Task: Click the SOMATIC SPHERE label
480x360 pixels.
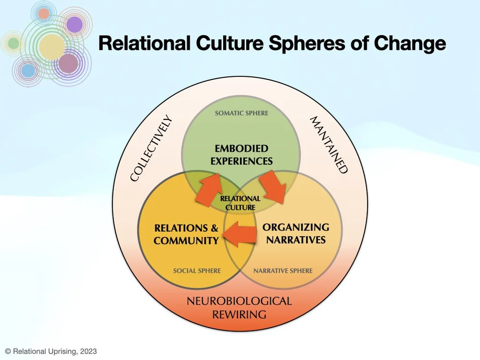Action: tap(241, 113)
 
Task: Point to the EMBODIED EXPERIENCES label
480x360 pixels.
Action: tap(241, 155)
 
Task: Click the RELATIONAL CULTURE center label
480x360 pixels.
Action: tap(240, 203)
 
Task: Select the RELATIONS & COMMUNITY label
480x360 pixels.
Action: tap(186, 234)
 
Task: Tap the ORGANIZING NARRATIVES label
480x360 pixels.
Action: tap(296, 233)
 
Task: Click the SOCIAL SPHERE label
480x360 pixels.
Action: tap(197, 271)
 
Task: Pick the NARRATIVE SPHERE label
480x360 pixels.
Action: tap(283, 271)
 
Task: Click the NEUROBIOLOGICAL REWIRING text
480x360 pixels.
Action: tap(239, 308)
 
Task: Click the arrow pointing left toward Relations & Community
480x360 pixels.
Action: tap(240, 235)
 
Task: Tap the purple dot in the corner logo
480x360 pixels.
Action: tap(74, 24)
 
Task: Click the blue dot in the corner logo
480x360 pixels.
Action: tap(28, 71)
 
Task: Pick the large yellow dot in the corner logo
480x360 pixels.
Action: tap(51, 47)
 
